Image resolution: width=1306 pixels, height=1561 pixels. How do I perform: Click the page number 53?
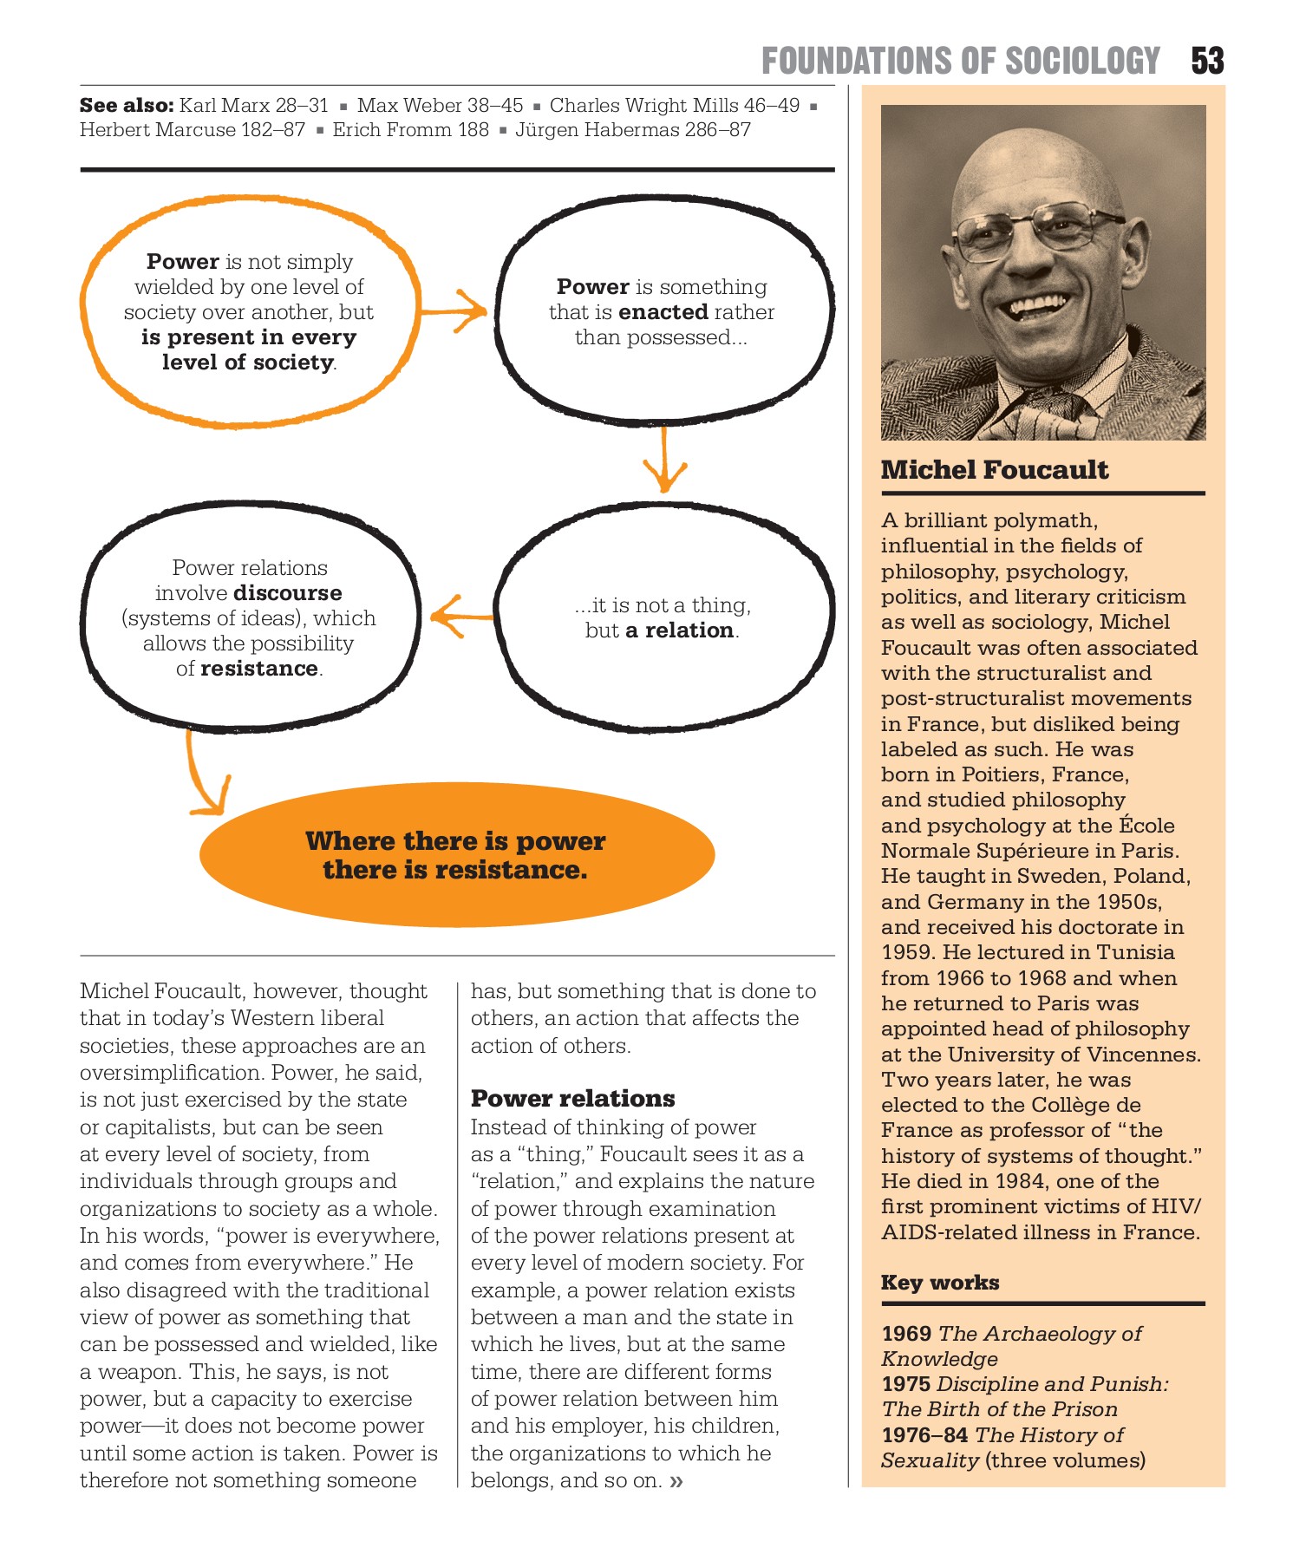1206,61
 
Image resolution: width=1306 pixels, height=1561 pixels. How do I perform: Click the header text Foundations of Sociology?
960,61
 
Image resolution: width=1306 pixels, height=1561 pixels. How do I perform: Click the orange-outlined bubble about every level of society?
249,312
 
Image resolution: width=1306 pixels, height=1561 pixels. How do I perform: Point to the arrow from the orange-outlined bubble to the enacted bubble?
455,310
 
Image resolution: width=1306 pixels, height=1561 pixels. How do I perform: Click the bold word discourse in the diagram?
288,593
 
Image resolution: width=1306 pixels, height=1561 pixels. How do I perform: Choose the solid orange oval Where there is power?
456,855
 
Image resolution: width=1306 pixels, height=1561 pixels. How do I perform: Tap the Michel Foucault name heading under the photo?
994,470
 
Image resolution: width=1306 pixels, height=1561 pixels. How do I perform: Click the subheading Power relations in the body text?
572,1099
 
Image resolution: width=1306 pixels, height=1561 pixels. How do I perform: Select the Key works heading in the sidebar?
940,1283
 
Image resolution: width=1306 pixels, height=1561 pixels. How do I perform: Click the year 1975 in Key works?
905,1384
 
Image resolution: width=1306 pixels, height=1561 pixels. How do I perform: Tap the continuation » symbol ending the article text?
676,1481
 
